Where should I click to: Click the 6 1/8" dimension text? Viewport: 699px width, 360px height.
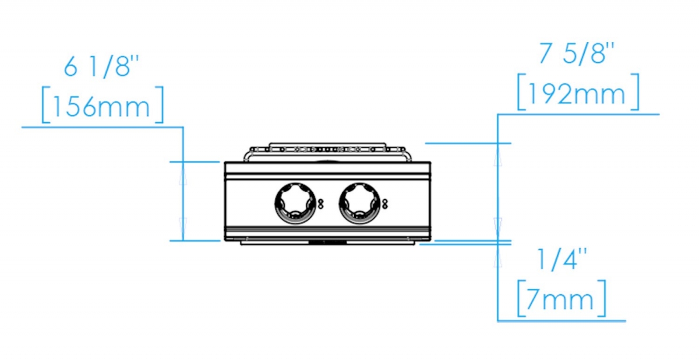coord(101,66)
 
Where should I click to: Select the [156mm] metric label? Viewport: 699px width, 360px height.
coord(103,105)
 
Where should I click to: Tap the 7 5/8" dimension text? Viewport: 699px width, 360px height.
coord(577,54)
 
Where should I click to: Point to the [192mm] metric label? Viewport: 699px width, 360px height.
coord(578,92)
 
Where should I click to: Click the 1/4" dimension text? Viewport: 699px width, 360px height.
coord(562,259)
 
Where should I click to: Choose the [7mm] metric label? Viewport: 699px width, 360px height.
coord(562,299)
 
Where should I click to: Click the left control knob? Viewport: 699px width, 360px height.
coord(295,203)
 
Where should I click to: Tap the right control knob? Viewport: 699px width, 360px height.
coord(359,203)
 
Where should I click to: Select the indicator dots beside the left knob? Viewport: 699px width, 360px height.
coord(320,204)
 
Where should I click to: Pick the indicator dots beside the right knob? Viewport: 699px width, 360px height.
coord(385,204)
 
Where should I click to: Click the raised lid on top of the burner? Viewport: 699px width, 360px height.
coord(327,145)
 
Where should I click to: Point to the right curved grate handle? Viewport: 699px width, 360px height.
coord(407,154)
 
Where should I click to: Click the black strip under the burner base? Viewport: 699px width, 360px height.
coord(327,242)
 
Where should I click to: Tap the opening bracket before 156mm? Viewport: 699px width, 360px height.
coord(46,105)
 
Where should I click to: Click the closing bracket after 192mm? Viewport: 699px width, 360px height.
coord(635,92)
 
